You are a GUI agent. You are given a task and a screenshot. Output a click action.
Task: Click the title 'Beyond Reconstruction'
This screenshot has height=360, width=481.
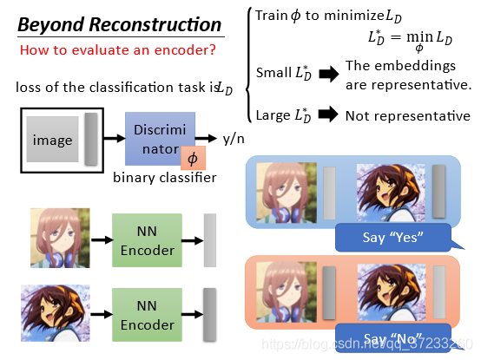[120, 25]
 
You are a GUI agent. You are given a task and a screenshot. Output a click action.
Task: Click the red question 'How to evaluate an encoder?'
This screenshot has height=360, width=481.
[118, 50]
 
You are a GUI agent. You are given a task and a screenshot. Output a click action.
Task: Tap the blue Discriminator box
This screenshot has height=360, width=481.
[160, 139]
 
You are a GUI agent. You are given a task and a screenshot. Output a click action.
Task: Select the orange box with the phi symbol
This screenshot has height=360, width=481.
[193, 158]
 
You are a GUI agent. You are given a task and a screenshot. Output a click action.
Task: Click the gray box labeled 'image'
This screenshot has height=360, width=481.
[52, 140]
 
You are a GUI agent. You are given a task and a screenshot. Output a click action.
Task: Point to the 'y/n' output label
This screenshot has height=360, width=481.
[234, 139]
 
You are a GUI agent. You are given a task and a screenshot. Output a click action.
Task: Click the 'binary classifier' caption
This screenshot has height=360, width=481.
[165, 178]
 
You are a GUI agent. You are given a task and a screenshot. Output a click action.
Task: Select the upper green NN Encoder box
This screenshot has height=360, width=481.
[147, 240]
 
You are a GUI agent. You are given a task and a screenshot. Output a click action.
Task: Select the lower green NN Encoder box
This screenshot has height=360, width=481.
[147, 315]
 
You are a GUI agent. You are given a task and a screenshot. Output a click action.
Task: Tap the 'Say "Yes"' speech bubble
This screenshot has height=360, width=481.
[393, 238]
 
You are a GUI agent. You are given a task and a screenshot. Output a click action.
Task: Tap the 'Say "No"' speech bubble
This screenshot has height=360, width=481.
[393, 338]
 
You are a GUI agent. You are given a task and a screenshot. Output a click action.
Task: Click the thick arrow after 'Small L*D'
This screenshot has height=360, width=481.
[329, 74]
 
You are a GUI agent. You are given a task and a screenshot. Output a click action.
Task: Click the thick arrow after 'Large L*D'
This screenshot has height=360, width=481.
[328, 115]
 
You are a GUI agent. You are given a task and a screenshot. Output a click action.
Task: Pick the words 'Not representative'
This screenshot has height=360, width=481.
[408, 116]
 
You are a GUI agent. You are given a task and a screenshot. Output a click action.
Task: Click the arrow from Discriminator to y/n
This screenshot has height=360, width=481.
[206, 139]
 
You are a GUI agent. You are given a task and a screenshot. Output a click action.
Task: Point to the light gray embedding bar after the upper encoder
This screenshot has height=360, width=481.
[210, 240]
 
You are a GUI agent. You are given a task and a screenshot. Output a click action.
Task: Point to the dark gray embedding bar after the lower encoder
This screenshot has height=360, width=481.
[210, 315]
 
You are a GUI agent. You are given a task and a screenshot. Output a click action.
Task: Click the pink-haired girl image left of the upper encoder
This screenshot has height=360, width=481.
[60, 238]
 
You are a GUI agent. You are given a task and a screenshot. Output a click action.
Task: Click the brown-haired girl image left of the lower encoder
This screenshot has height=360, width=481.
[56, 313]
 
